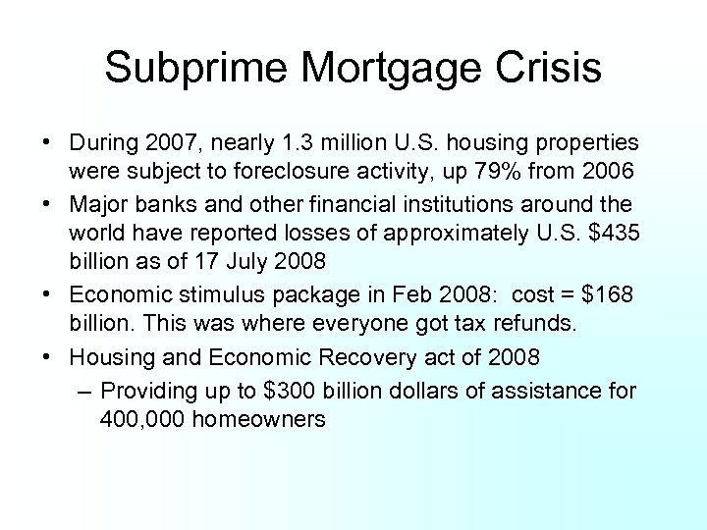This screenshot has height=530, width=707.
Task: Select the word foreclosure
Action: (293, 172)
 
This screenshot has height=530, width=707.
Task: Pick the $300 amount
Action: (286, 390)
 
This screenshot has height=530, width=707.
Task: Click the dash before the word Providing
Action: (84, 390)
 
